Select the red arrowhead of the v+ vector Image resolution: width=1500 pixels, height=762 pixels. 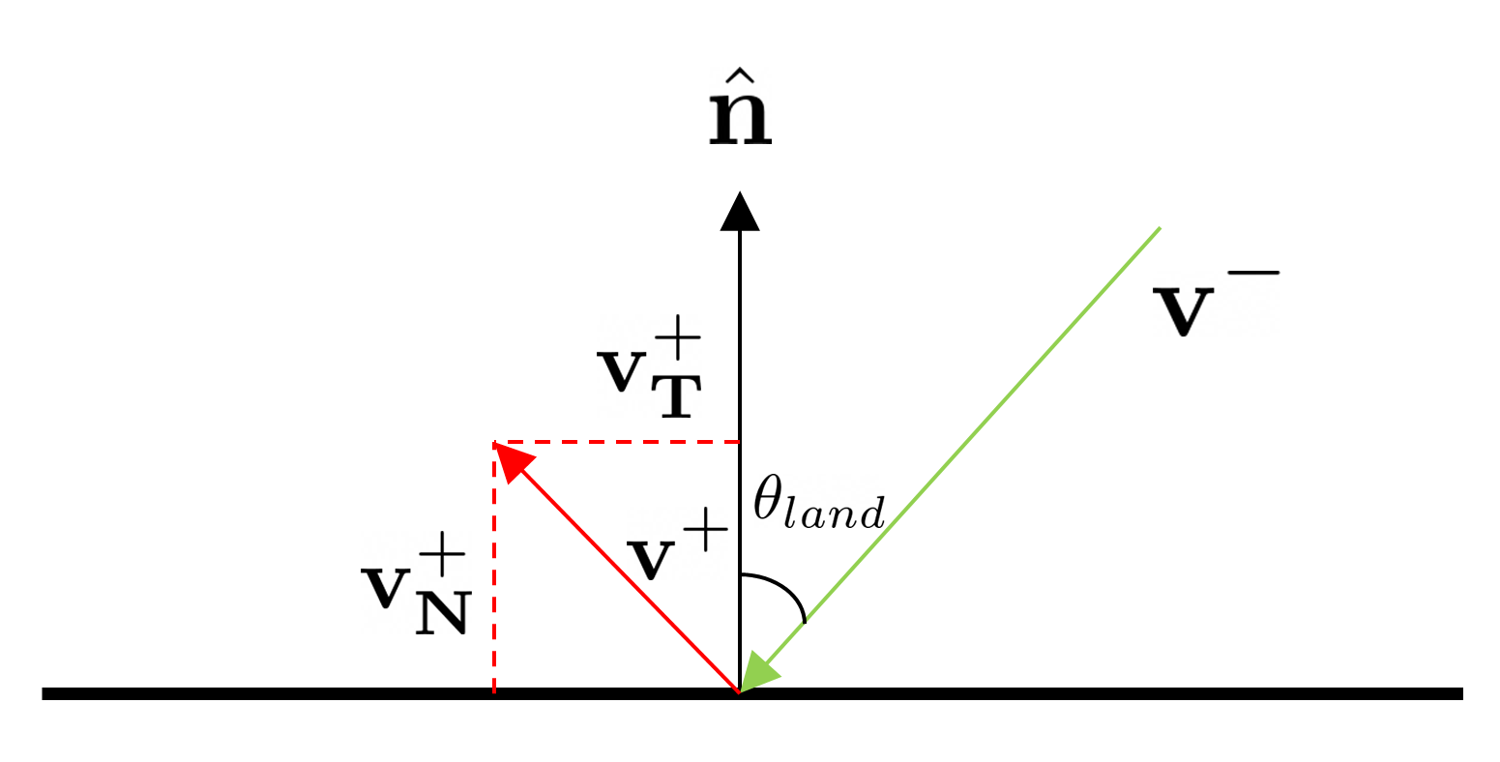(513, 458)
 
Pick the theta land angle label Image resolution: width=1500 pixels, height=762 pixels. (818, 503)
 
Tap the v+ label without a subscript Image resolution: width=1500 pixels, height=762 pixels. (676, 547)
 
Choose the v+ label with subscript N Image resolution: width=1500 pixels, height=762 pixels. (415, 586)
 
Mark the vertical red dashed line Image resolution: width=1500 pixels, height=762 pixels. (494, 580)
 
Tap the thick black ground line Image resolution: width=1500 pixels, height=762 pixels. (1064, 693)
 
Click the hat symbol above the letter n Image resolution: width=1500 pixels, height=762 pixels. (740, 75)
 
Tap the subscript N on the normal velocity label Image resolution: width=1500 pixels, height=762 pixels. (442, 613)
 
